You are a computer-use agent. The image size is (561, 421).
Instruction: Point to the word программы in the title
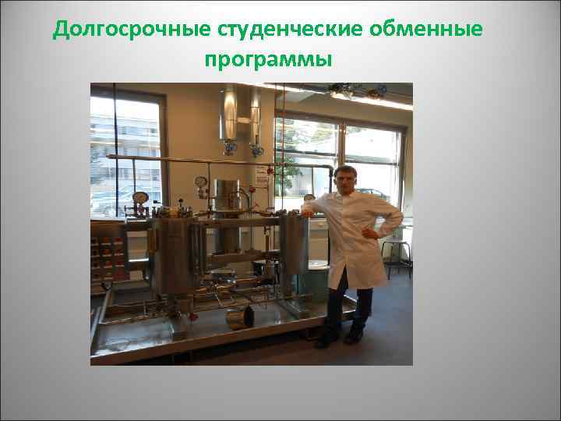click(269, 60)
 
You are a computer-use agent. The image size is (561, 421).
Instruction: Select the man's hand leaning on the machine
click(308, 211)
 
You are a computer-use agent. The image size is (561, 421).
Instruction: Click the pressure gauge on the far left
click(140, 198)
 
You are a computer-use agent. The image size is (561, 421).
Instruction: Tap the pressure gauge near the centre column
click(201, 182)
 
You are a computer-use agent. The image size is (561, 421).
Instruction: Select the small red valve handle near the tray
click(192, 317)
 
